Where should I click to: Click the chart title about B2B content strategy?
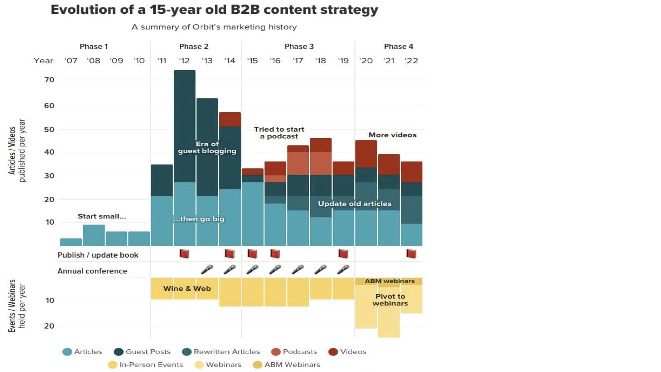pyautogui.click(x=214, y=10)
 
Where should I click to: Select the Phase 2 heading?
pyautogui.click(x=193, y=46)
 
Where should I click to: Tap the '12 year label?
pyautogui.click(x=184, y=61)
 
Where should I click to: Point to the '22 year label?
pyautogui.click(x=411, y=61)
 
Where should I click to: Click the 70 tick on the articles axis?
pyautogui.click(x=49, y=80)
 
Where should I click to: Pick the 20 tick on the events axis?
pyautogui.click(x=49, y=326)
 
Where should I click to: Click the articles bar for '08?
pyautogui.click(x=94, y=235)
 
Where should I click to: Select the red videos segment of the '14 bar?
pyautogui.click(x=230, y=119)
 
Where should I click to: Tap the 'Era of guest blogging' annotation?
pyautogui.click(x=207, y=147)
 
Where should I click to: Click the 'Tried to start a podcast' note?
pyautogui.click(x=279, y=133)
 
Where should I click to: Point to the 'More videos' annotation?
pyautogui.click(x=392, y=135)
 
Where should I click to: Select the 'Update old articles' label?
pyautogui.click(x=354, y=204)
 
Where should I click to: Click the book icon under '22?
pyautogui.click(x=411, y=254)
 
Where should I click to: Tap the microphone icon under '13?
pyautogui.click(x=207, y=269)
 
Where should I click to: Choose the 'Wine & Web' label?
pyautogui.click(x=187, y=289)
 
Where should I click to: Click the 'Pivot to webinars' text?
pyautogui.click(x=390, y=300)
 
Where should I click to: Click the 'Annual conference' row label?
pyautogui.click(x=92, y=271)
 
